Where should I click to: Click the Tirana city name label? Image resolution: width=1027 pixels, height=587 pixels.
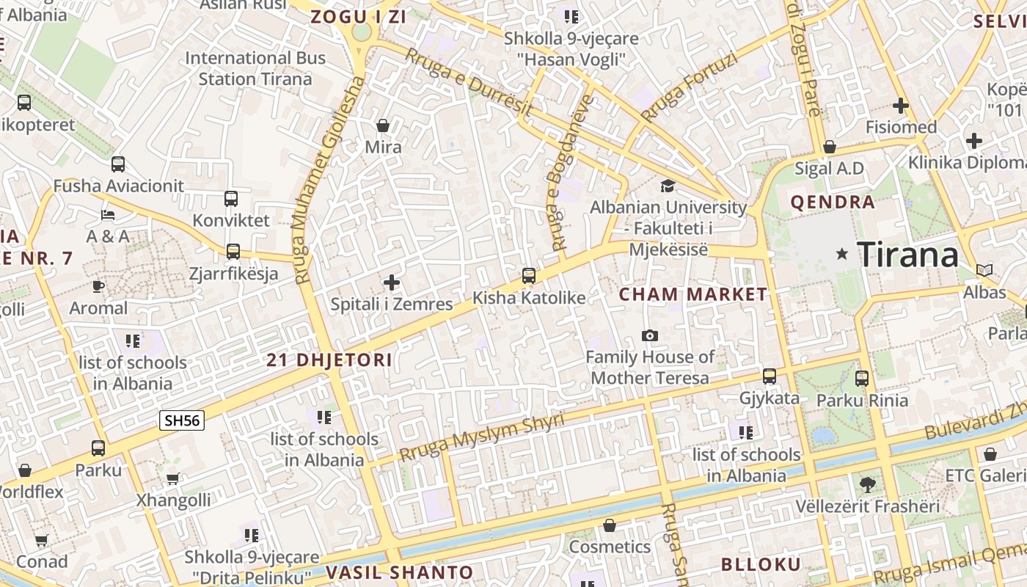click(907, 255)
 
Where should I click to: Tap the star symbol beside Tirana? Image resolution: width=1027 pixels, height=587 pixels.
click(842, 254)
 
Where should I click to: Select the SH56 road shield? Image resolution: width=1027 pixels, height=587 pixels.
click(182, 420)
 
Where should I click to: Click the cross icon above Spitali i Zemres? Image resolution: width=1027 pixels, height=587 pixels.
click(392, 282)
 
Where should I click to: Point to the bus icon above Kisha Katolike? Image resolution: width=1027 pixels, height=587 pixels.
click(528, 276)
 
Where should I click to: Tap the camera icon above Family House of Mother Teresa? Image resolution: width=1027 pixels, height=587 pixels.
click(649, 336)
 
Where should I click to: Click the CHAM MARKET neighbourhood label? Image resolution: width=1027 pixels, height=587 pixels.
click(693, 295)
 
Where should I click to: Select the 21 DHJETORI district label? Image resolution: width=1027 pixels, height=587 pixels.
click(329, 360)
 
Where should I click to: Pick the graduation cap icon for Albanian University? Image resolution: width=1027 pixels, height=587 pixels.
click(668, 186)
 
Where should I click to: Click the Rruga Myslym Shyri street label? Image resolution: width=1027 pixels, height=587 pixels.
click(482, 437)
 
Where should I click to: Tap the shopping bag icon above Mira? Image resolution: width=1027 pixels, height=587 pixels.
click(382, 125)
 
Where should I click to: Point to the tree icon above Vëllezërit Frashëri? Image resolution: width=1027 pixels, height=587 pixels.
click(868, 484)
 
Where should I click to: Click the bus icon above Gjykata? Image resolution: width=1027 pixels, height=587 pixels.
click(769, 376)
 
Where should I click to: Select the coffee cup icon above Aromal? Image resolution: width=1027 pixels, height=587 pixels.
click(98, 286)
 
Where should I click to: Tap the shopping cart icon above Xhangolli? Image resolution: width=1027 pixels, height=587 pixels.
click(172, 479)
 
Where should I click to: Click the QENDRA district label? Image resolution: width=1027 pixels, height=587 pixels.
click(833, 203)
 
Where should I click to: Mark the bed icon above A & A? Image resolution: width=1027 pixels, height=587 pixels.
click(108, 215)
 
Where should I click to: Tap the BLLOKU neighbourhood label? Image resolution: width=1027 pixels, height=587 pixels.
click(761, 564)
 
